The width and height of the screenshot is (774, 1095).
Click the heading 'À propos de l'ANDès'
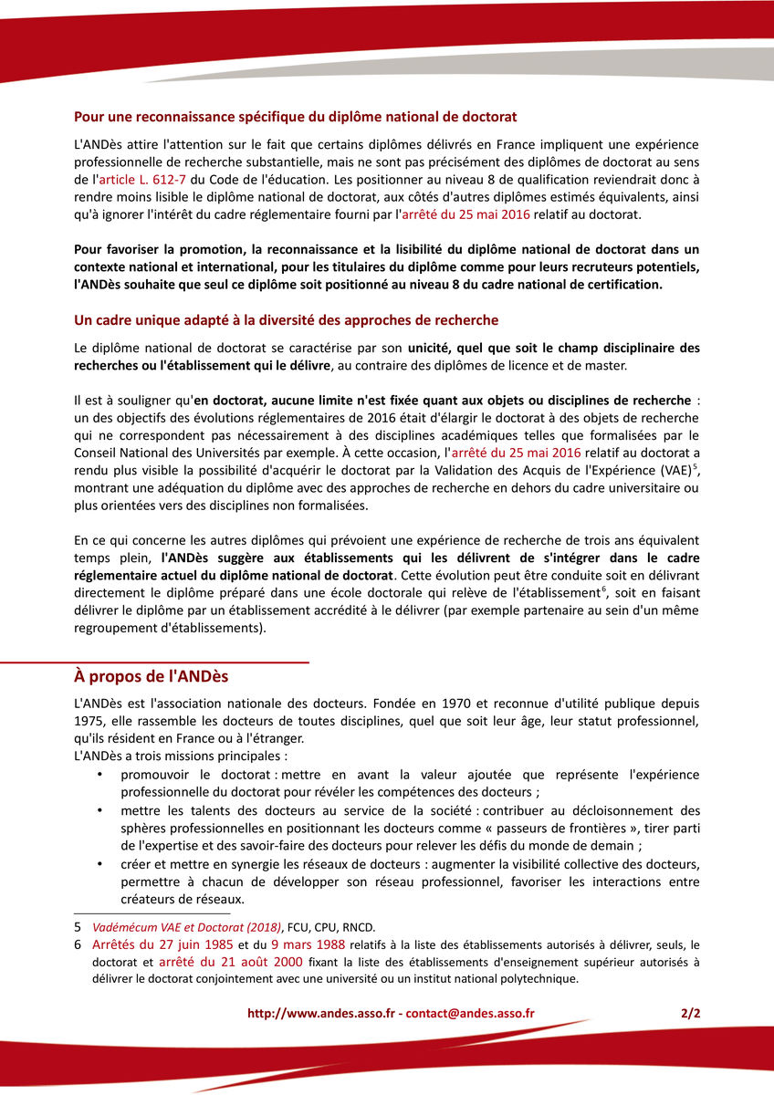[152, 677]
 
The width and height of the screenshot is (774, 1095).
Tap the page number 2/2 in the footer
[690, 1013]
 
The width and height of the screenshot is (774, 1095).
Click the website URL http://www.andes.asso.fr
[324, 1013]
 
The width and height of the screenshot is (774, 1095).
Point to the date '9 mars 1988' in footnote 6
[309, 944]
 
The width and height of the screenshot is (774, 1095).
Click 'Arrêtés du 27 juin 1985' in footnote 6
[163, 944]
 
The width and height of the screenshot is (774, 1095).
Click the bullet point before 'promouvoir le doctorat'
[99, 775]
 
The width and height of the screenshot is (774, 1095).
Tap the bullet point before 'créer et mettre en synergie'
[99, 864]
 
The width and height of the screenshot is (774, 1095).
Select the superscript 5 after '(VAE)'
[696, 466]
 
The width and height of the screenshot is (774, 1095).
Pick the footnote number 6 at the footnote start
[78, 944]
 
